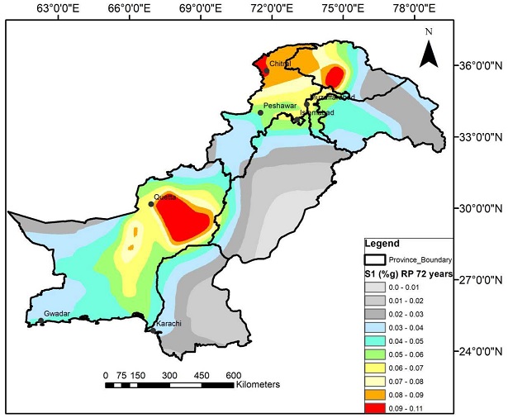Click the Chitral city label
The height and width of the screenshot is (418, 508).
282,63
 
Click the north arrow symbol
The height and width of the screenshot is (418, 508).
428,50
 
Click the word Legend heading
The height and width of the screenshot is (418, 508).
381,244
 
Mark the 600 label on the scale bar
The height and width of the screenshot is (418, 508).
233,374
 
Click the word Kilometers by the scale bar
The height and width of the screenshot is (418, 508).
258,384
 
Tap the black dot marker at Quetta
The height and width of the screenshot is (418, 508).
151,203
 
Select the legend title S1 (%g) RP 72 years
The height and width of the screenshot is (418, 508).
409,273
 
